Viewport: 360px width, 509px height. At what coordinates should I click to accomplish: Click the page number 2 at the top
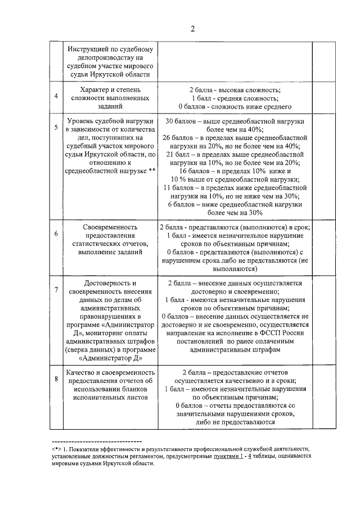click(x=192, y=29)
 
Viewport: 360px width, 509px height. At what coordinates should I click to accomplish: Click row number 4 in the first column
click(x=56, y=96)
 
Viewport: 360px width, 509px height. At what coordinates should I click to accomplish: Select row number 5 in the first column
click(x=56, y=128)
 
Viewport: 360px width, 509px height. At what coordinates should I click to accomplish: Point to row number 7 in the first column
click(x=56, y=290)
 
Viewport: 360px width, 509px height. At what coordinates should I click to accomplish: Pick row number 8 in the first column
click(x=56, y=379)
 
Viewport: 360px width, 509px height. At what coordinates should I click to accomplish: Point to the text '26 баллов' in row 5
click(x=179, y=138)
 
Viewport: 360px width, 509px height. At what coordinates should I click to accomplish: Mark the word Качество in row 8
click(x=83, y=372)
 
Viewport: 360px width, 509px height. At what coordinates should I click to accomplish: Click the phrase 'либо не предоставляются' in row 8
click(x=235, y=422)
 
